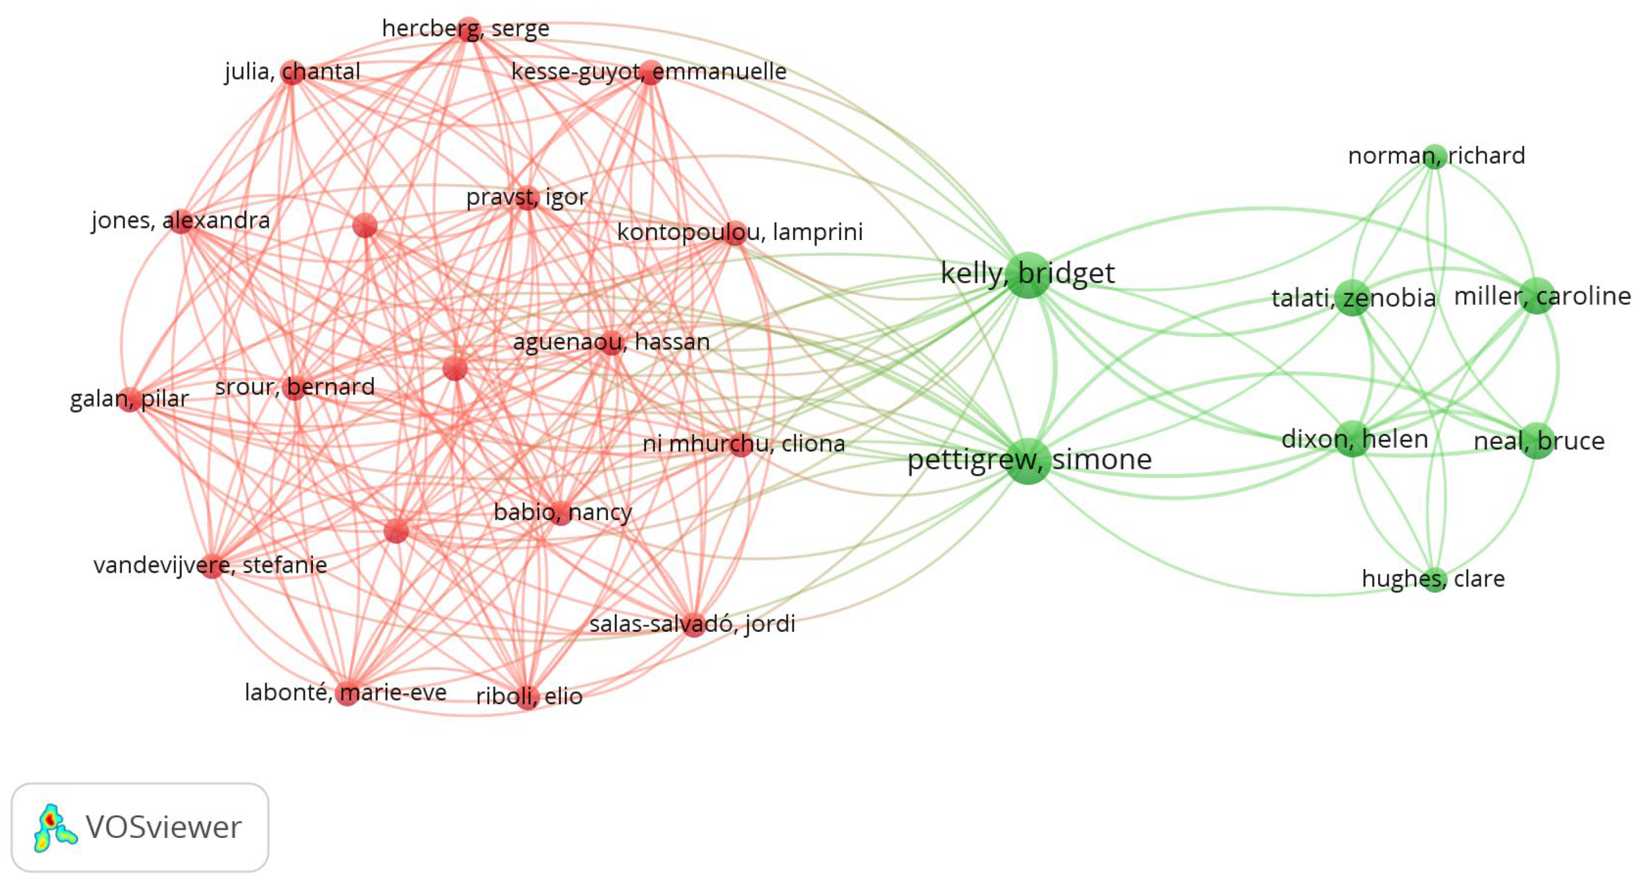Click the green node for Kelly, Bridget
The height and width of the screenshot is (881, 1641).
pyautogui.click(x=1028, y=275)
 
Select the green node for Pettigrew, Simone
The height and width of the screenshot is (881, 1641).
pyautogui.click(x=1028, y=461)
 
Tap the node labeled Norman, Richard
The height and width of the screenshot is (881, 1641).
pyautogui.click(x=1434, y=156)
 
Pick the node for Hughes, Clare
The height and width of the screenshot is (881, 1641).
pyautogui.click(x=1434, y=580)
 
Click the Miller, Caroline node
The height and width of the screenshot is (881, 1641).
pyautogui.click(x=1536, y=296)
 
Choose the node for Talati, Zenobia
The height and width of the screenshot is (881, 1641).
pyautogui.click(x=1352, y=298)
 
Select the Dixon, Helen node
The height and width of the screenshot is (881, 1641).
pyautogui.click(x=1352, y=439)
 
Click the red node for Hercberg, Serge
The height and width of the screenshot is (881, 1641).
pyautogui.click(x=469, y=29)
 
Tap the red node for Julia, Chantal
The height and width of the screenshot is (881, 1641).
pyautogui.click(x=292, y=73)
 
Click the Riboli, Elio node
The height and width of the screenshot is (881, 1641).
pyautogui.click(x=527, y=696)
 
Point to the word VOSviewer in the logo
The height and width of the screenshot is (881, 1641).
pyautogui.click(x=164, y=827)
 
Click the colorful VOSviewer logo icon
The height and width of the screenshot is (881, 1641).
pyautogui.click(x=54, y=827)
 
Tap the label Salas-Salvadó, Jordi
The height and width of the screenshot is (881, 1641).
pyautogui.click(x=692, y=624)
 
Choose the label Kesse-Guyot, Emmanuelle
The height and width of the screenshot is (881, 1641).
pyautogui.click(x=649, y=71)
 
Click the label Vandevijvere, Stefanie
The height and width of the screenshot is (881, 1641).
pyautogui.click(x=210, y=565)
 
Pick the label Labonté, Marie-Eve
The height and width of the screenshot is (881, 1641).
pyautogui.click(x=345, y=692)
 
